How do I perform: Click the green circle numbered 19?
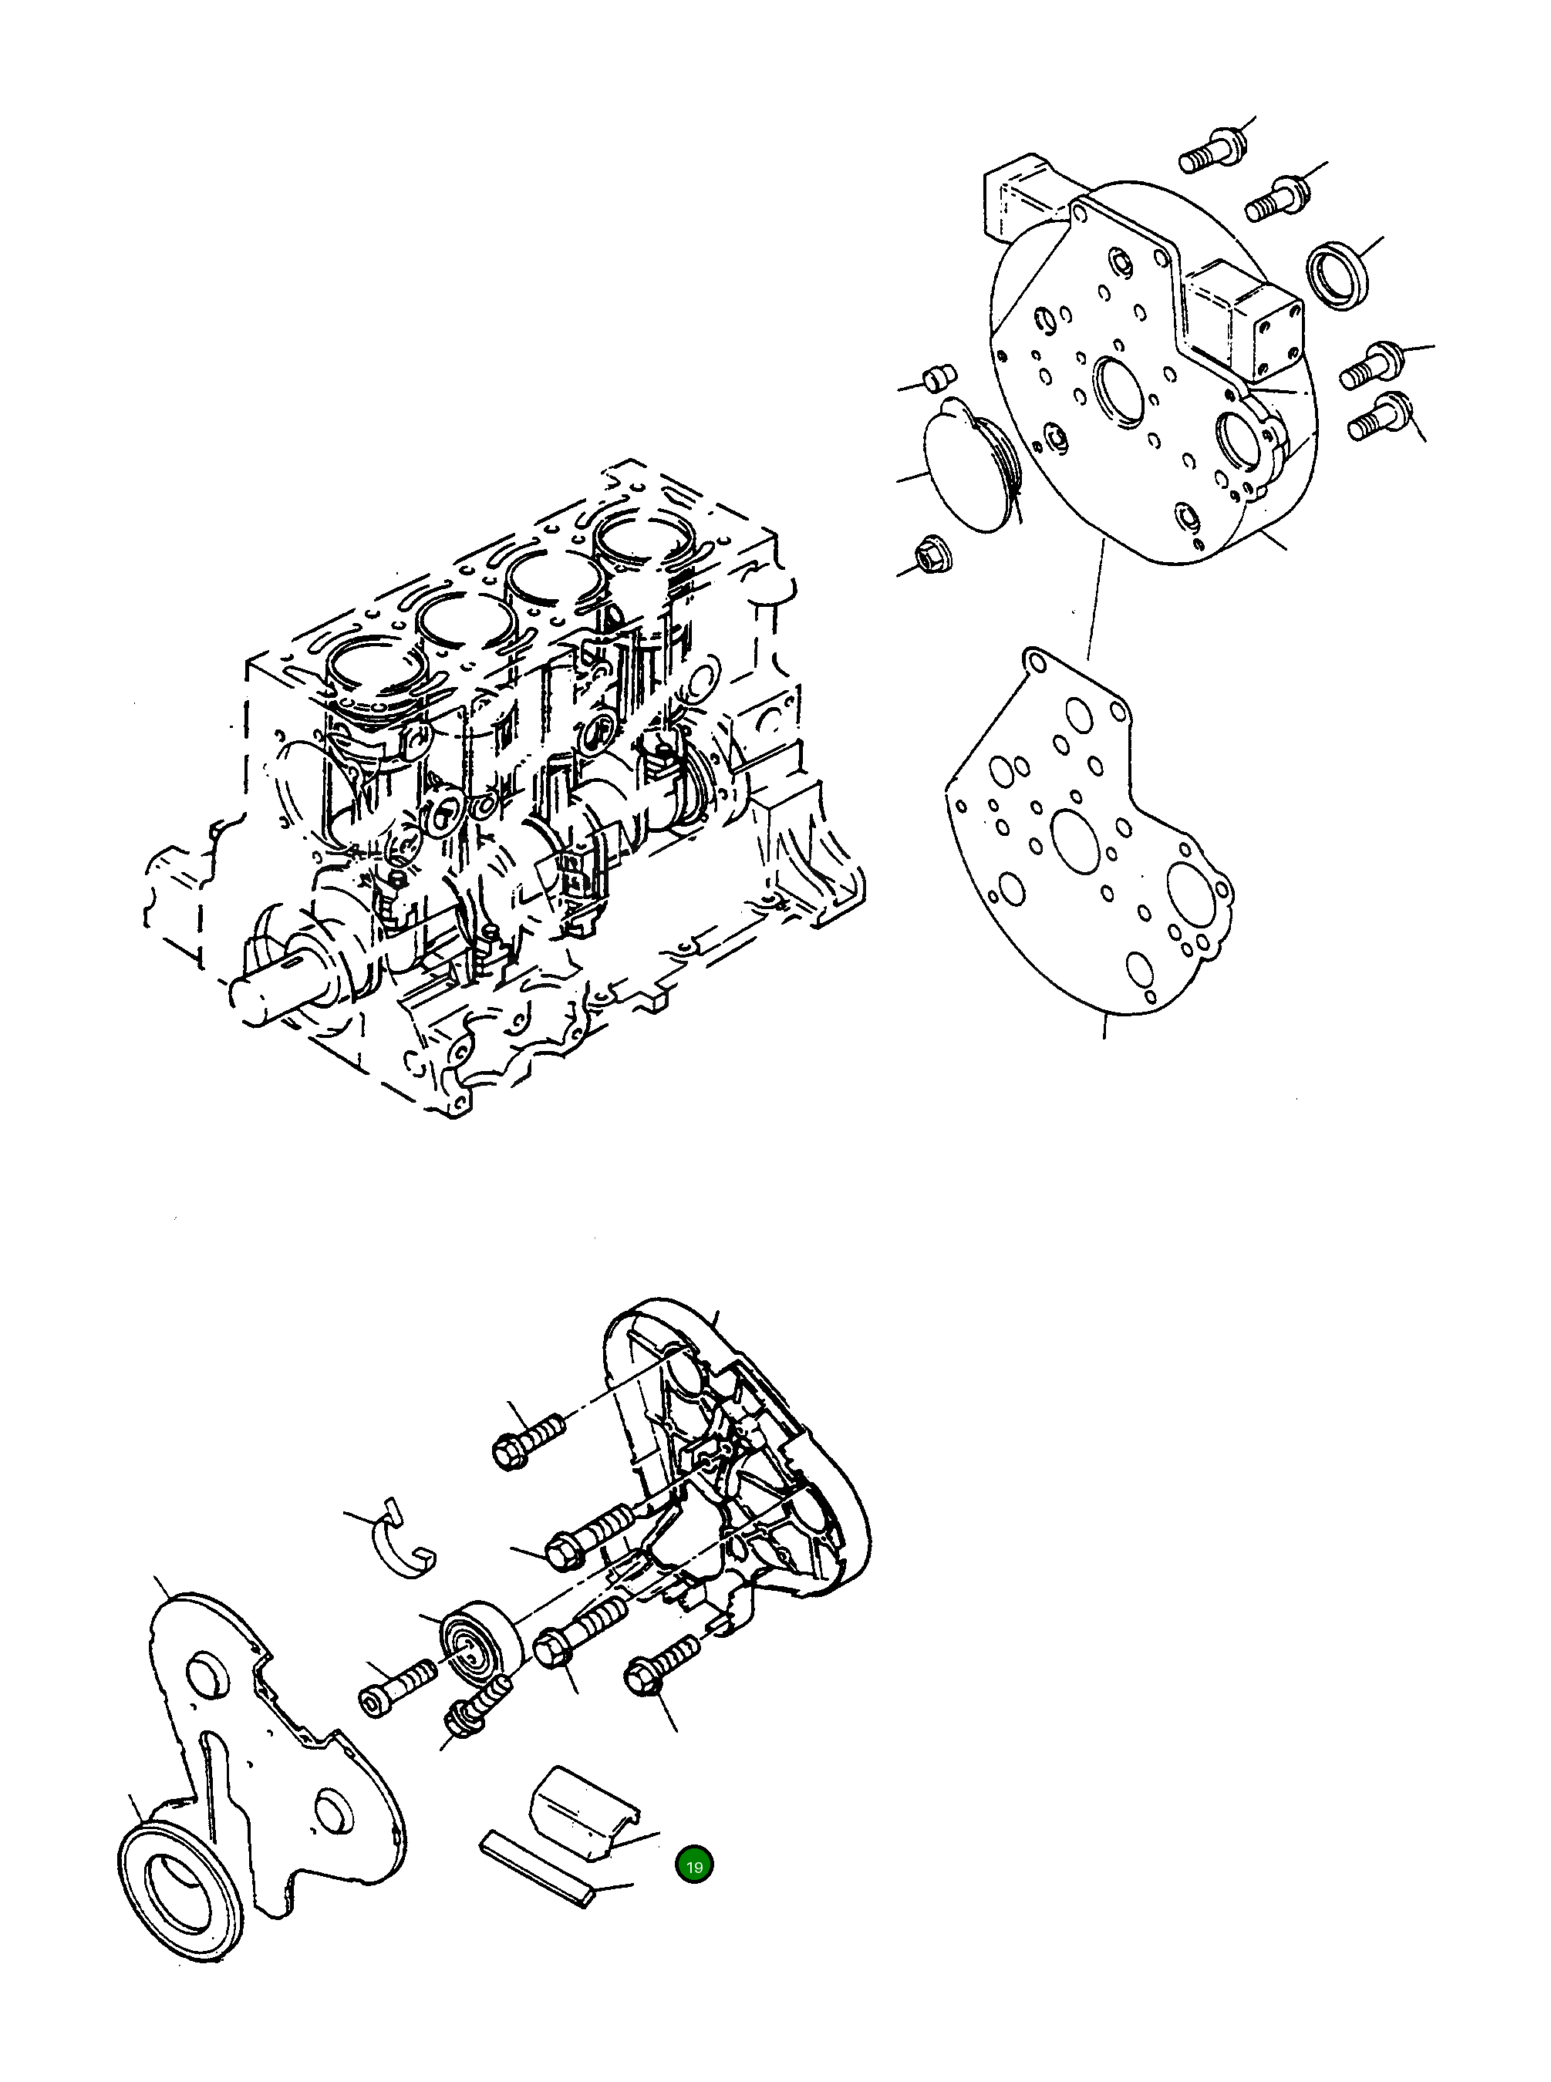[694, 1867]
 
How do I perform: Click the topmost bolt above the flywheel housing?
[1211, 152]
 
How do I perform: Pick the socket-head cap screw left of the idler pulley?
[397, 1690]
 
